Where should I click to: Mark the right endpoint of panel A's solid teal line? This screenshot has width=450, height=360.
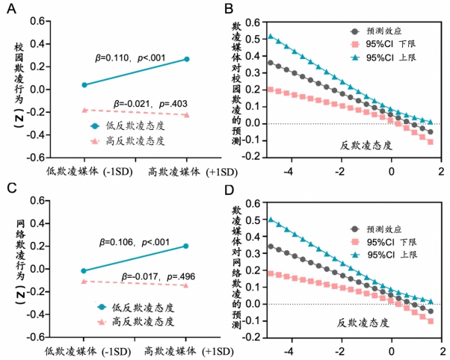coord(186,58)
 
